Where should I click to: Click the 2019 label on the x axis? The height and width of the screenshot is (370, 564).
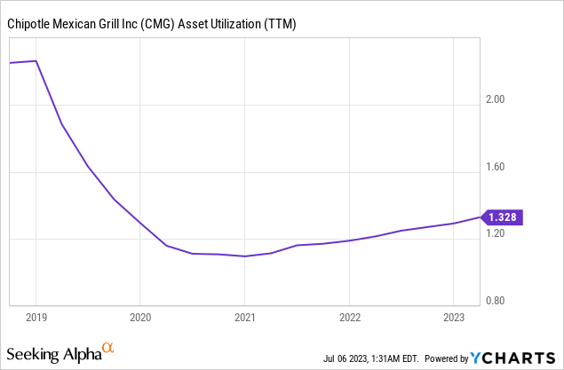coord(36,316)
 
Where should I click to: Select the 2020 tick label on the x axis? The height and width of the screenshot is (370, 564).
coord(140,316)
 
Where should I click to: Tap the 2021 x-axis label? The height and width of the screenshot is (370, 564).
coord(245,316)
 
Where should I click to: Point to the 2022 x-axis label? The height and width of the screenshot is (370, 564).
coord(350,316)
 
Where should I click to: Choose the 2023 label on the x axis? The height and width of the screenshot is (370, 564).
coord(454,316)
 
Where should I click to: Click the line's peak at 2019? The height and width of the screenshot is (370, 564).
coord(36,61)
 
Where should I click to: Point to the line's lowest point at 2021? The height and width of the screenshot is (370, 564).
coord(245,256)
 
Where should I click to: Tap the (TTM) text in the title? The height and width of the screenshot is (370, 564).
coord(280,24)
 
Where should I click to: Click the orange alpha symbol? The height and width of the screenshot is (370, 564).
coord(108,348)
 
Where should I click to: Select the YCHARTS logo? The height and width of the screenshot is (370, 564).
coord(510,358)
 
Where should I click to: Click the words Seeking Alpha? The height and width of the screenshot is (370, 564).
coord(53,355)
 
